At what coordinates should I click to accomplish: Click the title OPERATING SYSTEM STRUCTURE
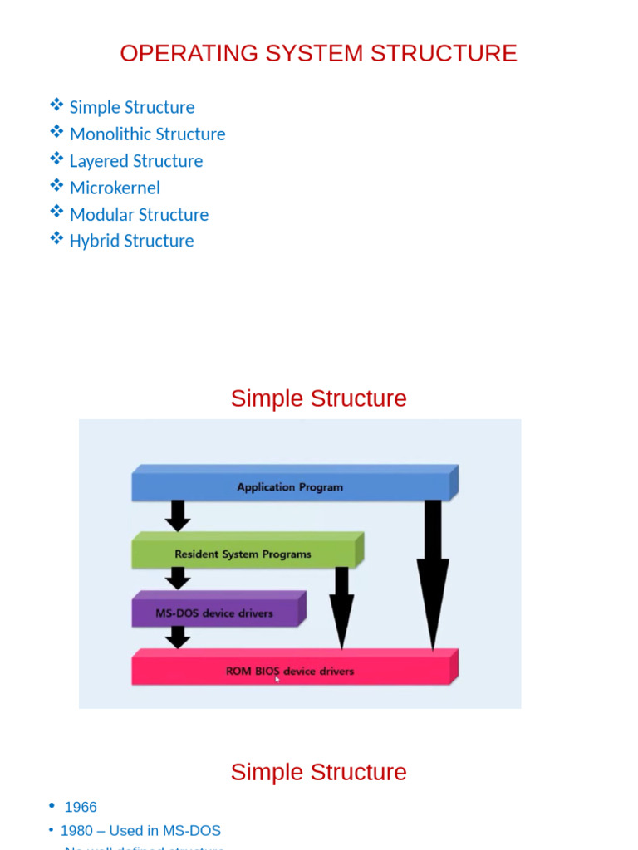[x=318, y=53]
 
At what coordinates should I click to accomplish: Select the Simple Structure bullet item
[x=132, y=107]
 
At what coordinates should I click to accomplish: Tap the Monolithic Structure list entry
[x=147, y=134]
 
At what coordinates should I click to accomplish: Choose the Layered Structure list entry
[x=136, y=161]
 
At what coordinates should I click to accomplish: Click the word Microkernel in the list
[x=115, y=188]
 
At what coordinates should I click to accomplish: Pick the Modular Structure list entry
[x=139, y=214]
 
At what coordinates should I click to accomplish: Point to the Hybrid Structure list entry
[x=131, y=241]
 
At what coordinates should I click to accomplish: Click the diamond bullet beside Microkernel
[x=56, y=185]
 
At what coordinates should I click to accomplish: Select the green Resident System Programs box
[x=243, y=554]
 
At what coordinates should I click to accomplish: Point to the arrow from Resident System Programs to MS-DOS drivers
[x=177, y=578]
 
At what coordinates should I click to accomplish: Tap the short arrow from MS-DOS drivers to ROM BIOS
[x=177, y=637]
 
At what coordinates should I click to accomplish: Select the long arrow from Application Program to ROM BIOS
[x=433, y=573]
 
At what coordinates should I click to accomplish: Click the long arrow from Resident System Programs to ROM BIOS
[x=341, y=606]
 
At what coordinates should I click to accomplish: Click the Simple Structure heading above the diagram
[x=318, y=398]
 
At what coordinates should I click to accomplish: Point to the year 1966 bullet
[x=81, y=807]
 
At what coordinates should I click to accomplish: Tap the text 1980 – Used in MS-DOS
[x=140, y=830]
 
